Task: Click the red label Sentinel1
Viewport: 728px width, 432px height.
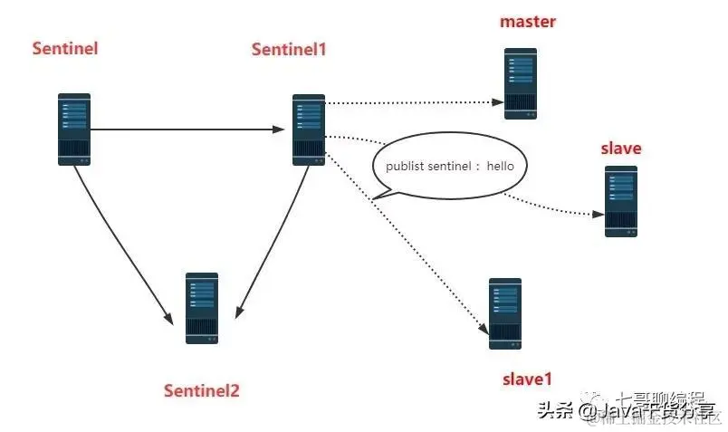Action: [288, 49]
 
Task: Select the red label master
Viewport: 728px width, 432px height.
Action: [528, 21]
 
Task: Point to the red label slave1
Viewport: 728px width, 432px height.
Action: [526, 379]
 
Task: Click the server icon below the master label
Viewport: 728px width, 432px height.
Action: [521, 84]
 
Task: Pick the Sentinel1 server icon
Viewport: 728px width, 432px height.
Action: [309, 130]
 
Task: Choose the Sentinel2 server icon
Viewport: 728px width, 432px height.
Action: [202, 308]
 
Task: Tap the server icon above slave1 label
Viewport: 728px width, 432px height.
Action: [505, 314]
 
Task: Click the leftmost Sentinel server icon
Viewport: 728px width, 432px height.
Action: [74, 129]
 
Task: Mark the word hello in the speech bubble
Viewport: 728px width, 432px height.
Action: [506, 167]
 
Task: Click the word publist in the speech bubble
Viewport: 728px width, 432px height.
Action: [405, 167]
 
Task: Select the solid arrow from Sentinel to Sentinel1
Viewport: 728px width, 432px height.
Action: [190, 130]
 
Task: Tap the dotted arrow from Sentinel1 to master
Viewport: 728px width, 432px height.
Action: [412, 102]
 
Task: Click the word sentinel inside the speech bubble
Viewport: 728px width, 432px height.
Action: [453, 167]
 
